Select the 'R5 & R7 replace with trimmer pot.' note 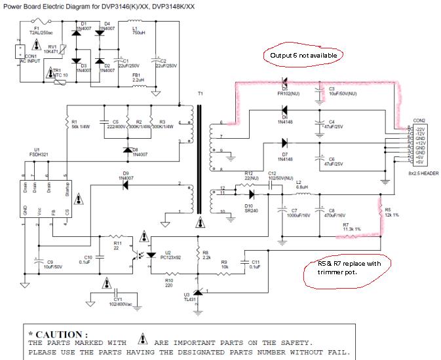coord(347,269)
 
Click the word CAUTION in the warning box coord(62,334)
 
